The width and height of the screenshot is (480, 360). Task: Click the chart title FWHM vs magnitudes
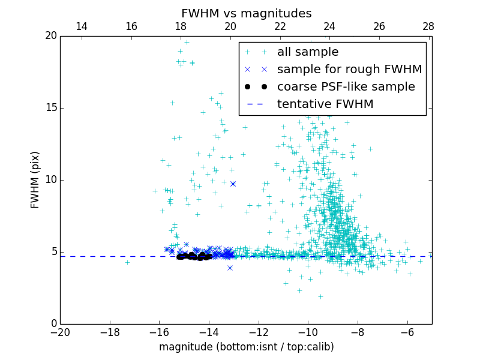click(x=246, y=13)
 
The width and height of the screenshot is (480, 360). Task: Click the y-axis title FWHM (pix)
click(x=35, y=180)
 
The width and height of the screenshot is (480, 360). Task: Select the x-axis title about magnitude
click(x=246, y=347)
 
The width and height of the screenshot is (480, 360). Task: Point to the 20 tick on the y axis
click(x=50, y=36)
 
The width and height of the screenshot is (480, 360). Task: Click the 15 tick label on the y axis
click(x=50, y=108)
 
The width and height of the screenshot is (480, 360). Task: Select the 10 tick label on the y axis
click(x=50, y=180)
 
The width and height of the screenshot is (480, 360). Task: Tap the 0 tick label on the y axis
click(x=53, y=324)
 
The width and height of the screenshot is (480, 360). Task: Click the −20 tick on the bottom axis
click(x=60, y=332)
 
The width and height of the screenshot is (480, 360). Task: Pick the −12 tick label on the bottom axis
click(x=258, y=332)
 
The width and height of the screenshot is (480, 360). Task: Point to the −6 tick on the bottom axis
click(x=407, y=332)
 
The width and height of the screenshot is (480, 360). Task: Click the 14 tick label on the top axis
click(x=82, y=26)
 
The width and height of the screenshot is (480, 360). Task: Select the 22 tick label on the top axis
click(x=280, y=26)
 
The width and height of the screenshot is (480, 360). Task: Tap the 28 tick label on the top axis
click(x=428, y=26)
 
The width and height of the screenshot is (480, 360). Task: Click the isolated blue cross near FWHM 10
click(x=233, y=184)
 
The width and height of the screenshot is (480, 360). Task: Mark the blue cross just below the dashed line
click(x=230, y=268)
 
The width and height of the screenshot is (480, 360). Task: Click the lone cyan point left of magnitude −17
click(x=127, y=262)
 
